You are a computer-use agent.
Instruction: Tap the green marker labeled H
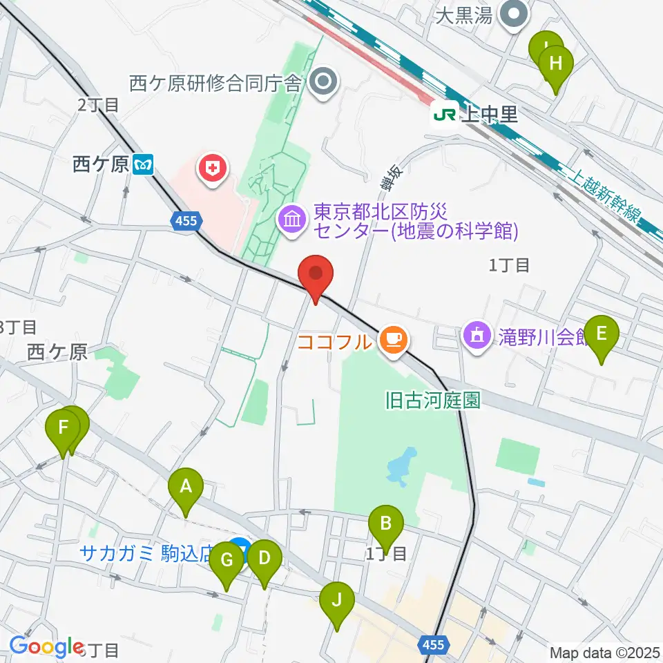[557, 66]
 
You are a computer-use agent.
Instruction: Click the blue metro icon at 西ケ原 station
[145, 165]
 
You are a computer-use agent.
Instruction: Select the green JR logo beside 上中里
[443, 114]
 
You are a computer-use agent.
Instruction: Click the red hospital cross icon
[212, 167]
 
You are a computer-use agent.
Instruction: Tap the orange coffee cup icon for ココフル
[393, 339]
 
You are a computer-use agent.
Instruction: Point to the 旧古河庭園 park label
[433, 400]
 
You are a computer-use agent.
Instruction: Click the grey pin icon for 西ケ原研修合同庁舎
[322, 84]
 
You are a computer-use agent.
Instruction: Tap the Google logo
[46, 646]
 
